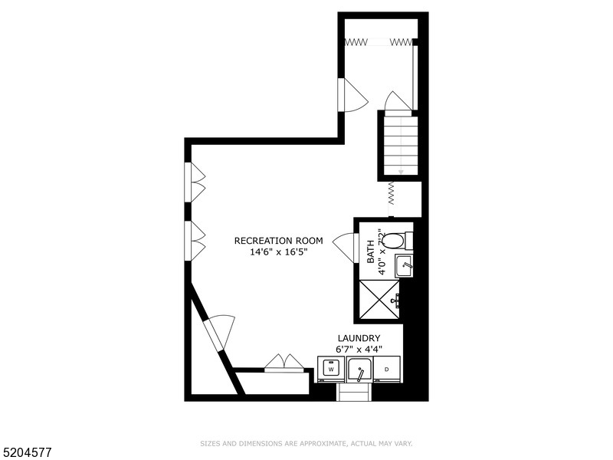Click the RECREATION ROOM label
click(278, 241)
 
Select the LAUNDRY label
click(359, 338)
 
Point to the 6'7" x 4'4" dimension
click(359, 349)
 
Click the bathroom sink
click(404, 266)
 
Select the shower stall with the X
click(379, 299)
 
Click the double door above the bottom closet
click(284, 362)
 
